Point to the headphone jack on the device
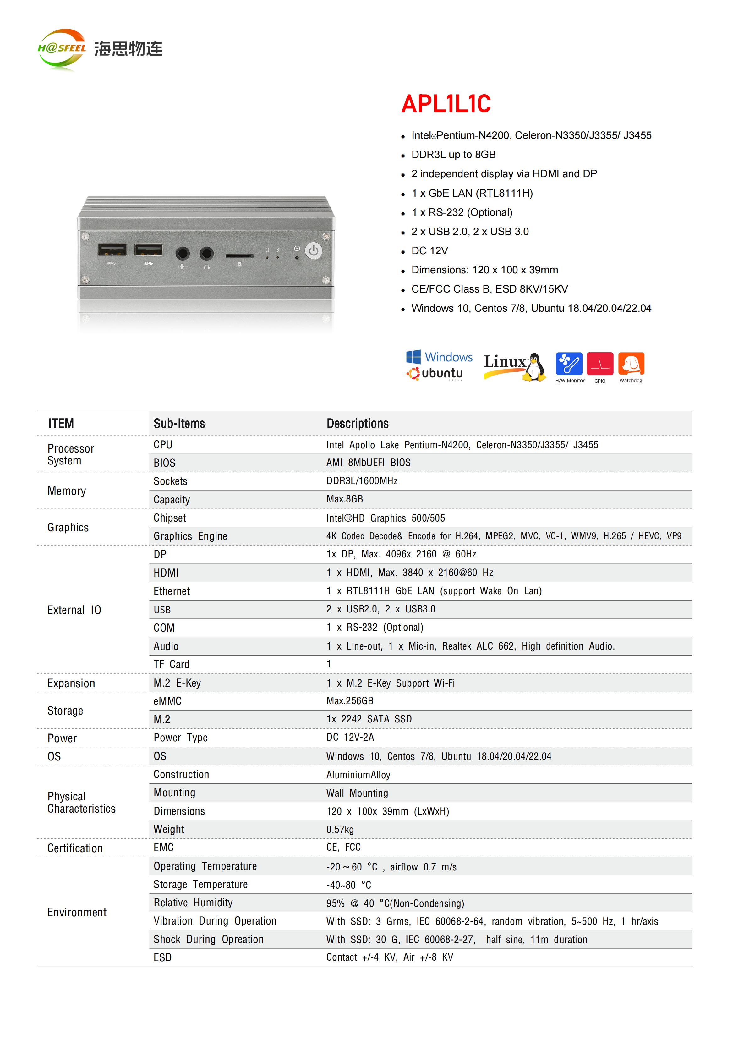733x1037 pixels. click(206, 253)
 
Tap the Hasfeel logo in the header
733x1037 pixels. click(62, 49)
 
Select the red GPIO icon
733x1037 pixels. click(600, 364)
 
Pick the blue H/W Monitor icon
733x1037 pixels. click(569, 364)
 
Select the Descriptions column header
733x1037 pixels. click(357, 424)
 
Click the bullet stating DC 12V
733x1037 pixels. click(429, 251)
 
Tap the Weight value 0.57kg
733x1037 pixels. click(340, 830)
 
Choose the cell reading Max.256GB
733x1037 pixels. click(350, 701)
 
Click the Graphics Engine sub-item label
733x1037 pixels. click(190, 536)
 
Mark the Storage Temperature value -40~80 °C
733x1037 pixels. click(349, 885)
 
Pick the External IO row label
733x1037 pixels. click(74, 610)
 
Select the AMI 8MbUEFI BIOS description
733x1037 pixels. click(369, 463)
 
